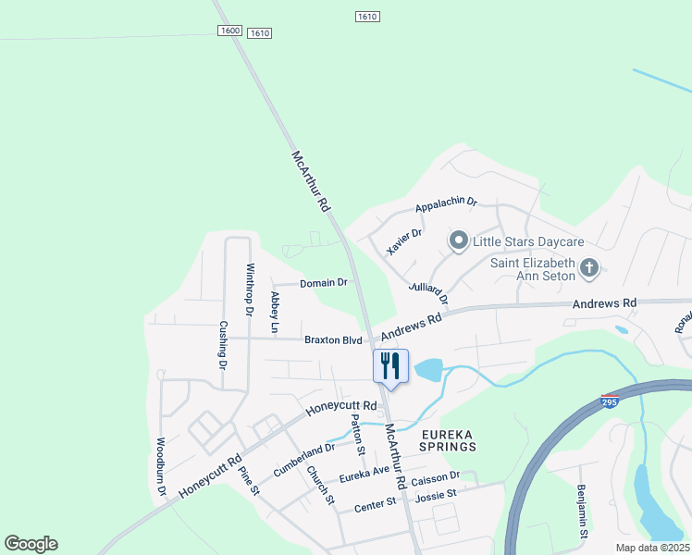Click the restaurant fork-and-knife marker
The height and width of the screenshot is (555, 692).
[x=390, y=365]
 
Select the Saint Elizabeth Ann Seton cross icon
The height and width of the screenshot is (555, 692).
[x=589, y=270]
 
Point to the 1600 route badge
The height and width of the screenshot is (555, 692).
[x=230, y=31]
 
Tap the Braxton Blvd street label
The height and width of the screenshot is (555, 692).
[x=333, y=340]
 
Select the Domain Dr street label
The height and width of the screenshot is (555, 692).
[x=324, y=282]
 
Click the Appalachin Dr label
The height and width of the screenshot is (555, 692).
[x=445, y=202]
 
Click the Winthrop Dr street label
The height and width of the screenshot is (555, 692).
[x=249, y=290]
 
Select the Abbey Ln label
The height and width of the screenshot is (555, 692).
[x=275, y=313]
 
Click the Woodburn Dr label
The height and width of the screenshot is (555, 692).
[x=161, y=467]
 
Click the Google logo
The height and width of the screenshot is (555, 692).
[x=31, y=544]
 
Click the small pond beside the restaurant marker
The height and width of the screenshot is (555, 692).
[x=428, y=371]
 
